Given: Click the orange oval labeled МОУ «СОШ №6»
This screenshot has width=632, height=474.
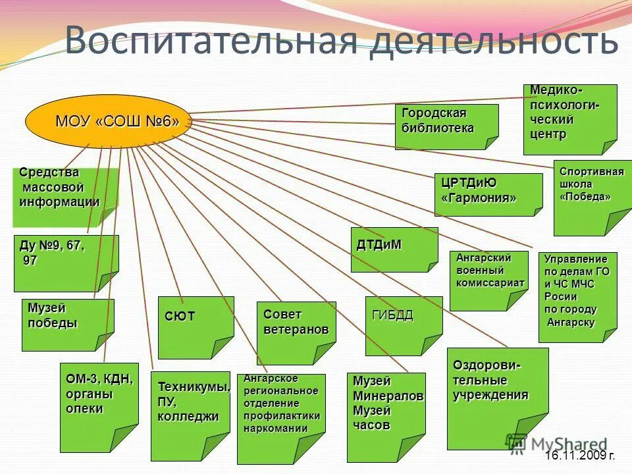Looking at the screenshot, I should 108,121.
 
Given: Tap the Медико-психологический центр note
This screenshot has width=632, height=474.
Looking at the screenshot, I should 570,119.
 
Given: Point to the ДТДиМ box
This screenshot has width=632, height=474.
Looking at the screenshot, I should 394,250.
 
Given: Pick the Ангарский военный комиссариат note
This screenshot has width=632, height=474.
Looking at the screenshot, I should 488,280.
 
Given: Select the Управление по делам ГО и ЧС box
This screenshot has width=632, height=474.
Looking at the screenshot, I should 577,297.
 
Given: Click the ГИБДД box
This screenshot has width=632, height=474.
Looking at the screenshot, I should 404,325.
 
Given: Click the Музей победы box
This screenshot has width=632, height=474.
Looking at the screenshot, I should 68,325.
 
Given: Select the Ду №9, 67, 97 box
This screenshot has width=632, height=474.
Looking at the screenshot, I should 66,263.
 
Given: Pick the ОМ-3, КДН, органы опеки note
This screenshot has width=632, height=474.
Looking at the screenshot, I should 99,407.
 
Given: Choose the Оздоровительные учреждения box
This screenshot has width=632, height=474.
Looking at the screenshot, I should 497,398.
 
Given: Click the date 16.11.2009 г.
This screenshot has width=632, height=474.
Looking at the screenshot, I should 580,455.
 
